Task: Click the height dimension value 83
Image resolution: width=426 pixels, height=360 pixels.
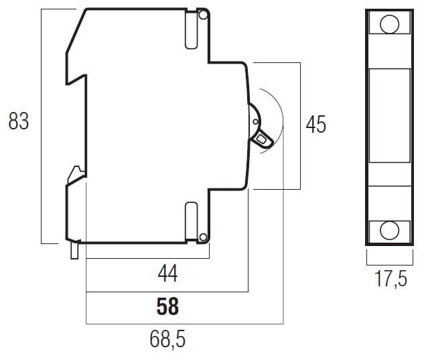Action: click(19, 121)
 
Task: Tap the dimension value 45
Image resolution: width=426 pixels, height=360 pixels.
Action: click(315, 124)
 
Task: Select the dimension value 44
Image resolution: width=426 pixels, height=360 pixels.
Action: click(167, 274)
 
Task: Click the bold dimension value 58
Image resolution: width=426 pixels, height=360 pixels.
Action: click(167, 306)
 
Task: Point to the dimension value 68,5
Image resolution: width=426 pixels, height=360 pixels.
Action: click(167, 339)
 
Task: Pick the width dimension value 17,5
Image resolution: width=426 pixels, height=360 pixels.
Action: click(390, 279)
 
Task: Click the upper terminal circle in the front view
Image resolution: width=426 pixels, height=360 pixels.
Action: click(390, 24)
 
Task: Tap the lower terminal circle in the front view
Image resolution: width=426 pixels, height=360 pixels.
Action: click(390, 231)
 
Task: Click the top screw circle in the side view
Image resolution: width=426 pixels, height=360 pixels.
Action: click(203, 15)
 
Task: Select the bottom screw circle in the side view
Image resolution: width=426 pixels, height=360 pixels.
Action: click(203, 237)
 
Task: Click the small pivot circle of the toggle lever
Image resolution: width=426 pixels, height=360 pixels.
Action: click(255, 121)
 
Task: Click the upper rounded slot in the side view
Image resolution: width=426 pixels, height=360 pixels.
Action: click(192, 30)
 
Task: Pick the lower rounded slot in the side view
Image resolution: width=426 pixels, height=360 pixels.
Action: click(192, 221)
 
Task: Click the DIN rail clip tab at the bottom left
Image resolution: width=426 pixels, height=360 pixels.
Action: click(74, 250)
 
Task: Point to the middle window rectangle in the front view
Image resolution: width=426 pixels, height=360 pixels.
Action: click(390, 115)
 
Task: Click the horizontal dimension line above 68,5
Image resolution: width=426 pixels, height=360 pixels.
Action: click(185, 324)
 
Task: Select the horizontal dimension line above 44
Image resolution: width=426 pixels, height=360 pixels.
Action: click(147, 258)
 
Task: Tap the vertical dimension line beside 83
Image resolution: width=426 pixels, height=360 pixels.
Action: click(42, 126)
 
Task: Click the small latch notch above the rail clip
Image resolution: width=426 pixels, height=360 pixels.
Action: click(76, 174)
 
